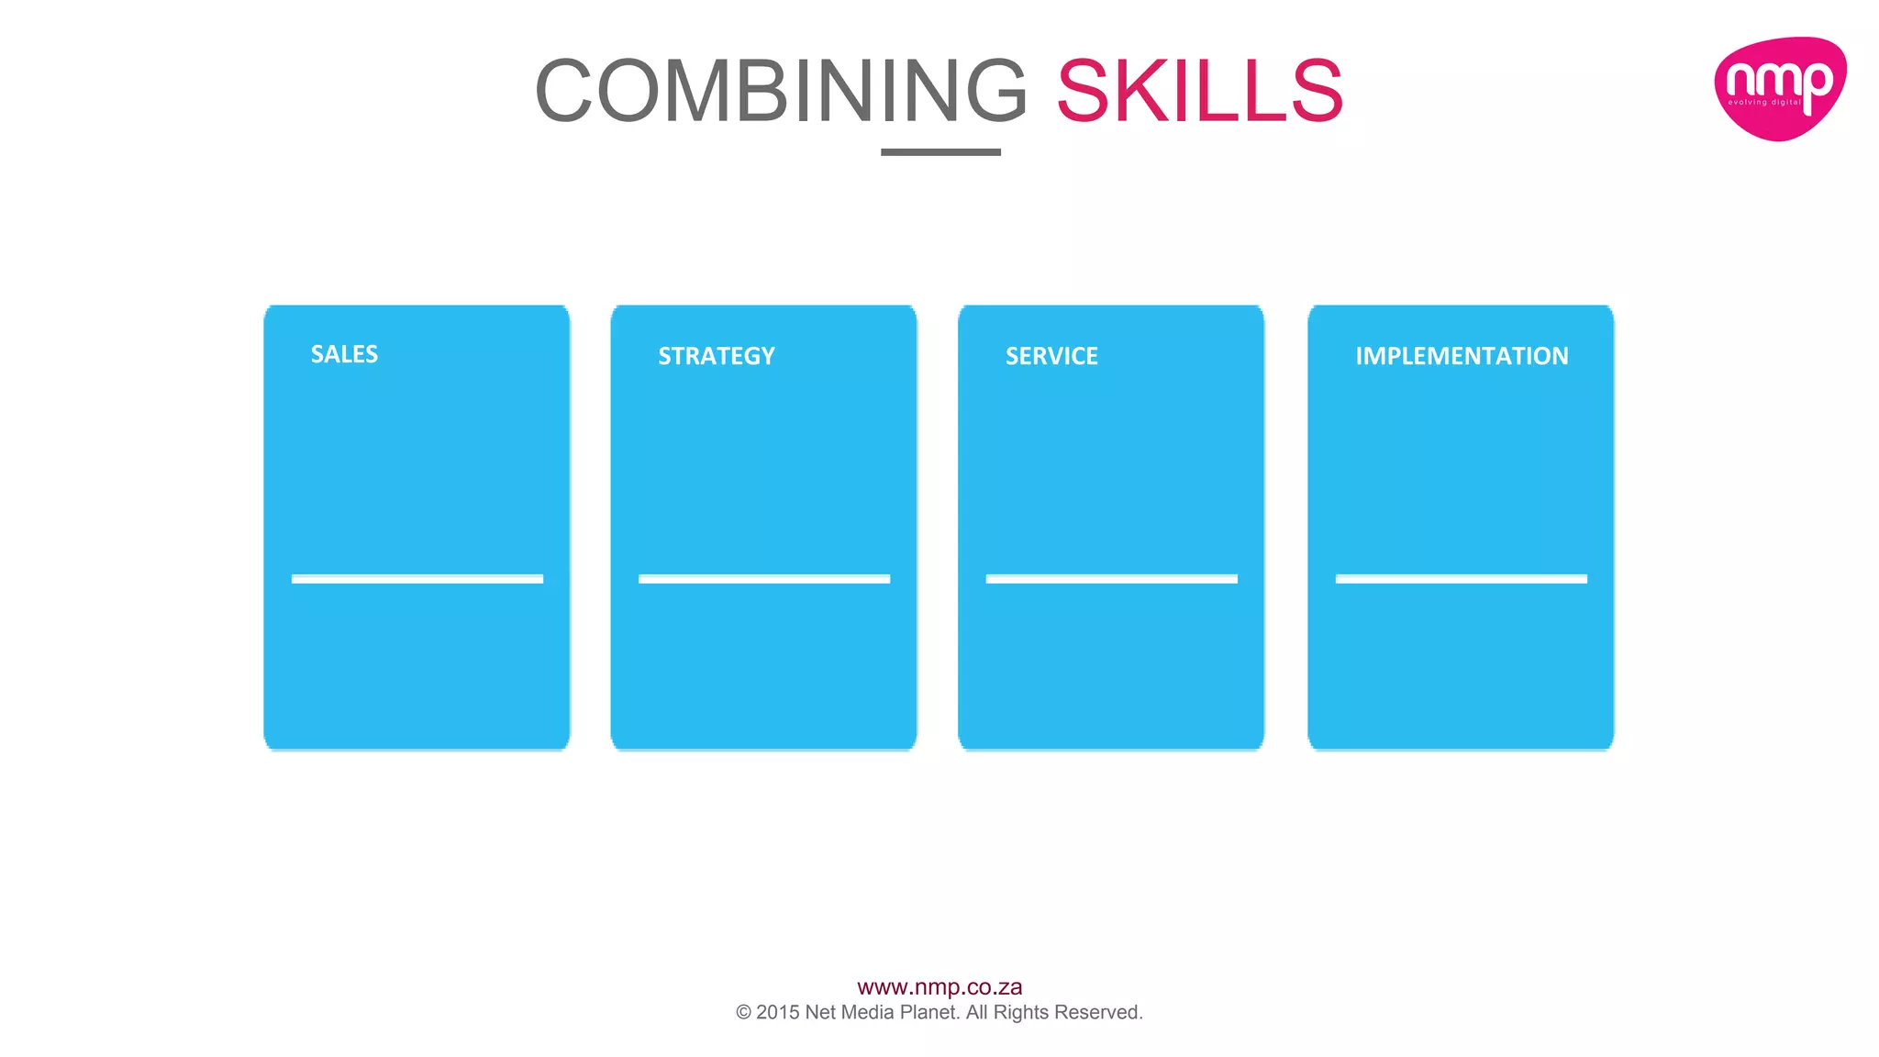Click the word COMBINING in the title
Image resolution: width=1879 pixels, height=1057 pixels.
[x=781, y=91]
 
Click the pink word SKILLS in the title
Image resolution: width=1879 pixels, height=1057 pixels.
[x=1200, y=91]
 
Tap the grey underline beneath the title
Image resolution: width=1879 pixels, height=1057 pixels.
[x=940, y=152]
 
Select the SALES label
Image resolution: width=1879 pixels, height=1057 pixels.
[x=344, y=354]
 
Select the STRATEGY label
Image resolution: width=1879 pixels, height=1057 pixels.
[x=717, y=356]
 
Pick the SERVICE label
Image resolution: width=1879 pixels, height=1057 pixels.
[x=1051, y=356]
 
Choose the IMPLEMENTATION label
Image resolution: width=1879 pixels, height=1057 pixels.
[x=1462, y=356]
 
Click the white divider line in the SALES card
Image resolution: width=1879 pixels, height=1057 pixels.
[x=417, y=579]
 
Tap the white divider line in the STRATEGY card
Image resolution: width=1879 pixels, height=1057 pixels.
[x=764, y=579]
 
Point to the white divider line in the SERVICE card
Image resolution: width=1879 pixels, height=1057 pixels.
[x=1111, y=579]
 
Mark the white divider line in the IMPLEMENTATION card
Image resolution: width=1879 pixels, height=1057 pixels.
[x=1461, y=579]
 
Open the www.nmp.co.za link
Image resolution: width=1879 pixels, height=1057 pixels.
[x=939, y=987]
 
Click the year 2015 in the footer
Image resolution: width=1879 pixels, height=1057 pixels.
[x=778, y=1012]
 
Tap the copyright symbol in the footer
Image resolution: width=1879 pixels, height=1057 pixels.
[x=743, y=1013]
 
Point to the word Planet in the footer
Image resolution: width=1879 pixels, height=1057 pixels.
[x=928, y=1012]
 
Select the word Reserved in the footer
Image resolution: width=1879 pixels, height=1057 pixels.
[x=1098, y=1012]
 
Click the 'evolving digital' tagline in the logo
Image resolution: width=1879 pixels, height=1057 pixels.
[x=1764, y=103]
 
